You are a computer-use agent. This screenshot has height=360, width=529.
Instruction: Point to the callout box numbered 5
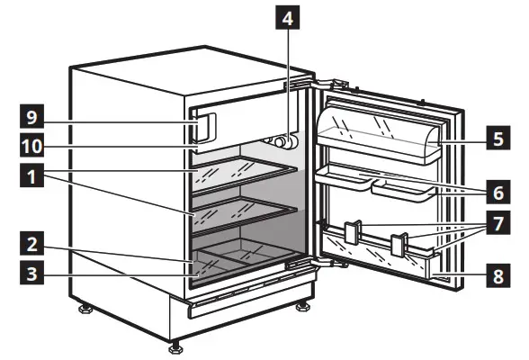point(495,139)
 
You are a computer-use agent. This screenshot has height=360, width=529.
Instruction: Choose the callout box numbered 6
point(495,192)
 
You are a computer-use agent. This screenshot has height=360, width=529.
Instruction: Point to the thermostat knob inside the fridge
point(284,142)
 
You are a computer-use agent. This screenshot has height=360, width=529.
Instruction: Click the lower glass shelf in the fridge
point(243,212)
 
